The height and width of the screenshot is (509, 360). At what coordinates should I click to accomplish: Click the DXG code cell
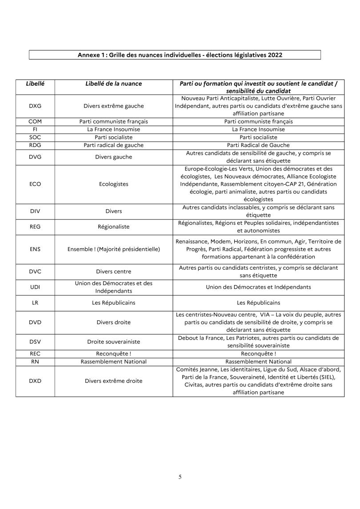click(35, 106)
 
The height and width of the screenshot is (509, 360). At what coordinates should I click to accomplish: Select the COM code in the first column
click(35, 121)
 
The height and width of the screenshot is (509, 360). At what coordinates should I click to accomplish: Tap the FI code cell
click(35, 129)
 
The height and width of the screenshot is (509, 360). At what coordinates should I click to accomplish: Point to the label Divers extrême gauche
click(114, 106)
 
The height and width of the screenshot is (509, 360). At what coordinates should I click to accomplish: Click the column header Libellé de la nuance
click(114, 83)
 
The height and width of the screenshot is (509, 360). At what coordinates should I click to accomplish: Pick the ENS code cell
click(35, 249)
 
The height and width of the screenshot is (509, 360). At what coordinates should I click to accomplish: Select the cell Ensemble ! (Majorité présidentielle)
click(114, 249)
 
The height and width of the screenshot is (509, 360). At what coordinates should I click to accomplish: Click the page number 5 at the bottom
click(180, 477)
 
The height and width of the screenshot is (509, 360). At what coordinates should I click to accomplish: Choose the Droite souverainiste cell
click(114, 341)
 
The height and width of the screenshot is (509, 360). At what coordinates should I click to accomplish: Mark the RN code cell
click(35, 362)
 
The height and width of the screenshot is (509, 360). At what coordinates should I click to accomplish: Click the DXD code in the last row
click(35, 381)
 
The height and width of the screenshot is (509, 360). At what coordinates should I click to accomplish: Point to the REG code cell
click(35, 227)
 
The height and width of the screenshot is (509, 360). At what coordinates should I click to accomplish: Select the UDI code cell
click(35, 287)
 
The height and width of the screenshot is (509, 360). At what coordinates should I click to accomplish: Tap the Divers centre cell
click(114, 271)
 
